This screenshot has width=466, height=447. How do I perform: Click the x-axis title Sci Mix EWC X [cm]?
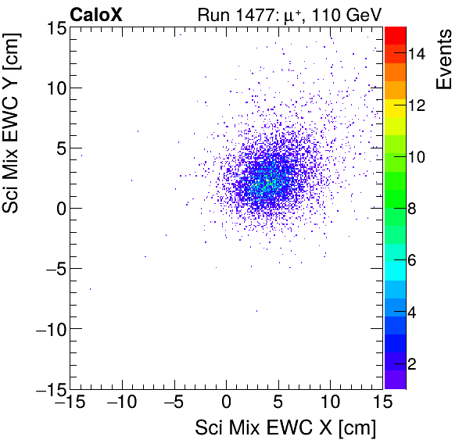pyautogui.click(x=285, y=428)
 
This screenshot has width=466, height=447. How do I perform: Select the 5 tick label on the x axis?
pyautogui.click(x=278, y=402)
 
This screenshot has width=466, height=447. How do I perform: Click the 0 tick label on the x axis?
pyautogui.click(x=227, y=402)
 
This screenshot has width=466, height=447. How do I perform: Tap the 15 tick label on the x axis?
pyautogui.click(x=382, y=402)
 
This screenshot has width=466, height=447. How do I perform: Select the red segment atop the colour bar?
pyautogui.click(x=395, y=34)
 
